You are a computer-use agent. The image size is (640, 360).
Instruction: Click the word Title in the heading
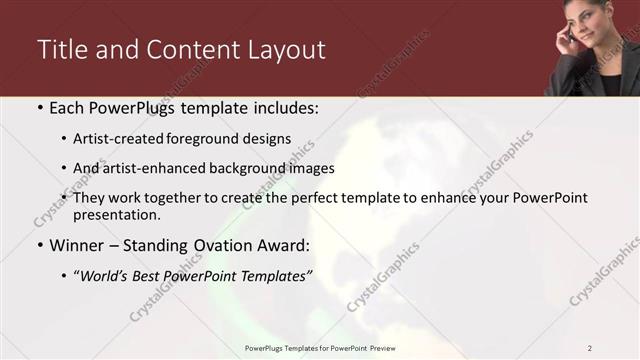[61, 49]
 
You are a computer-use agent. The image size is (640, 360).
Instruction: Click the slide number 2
[590, 348]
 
